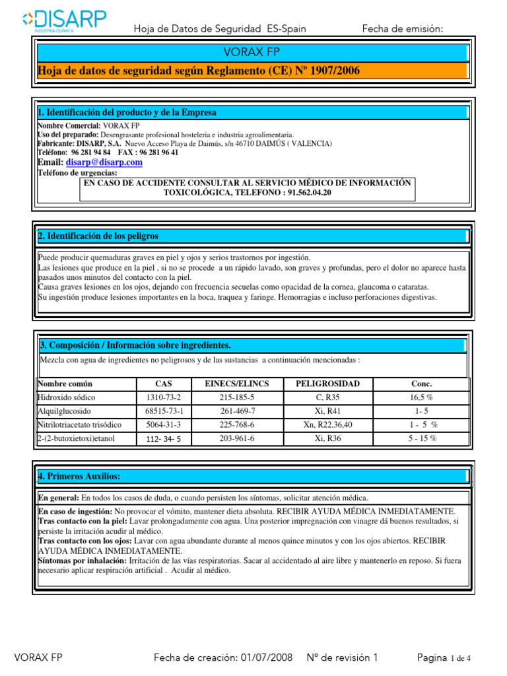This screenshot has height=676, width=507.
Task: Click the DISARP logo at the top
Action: tap(64, 20)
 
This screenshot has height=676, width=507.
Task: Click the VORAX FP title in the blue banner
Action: tap(252, 52)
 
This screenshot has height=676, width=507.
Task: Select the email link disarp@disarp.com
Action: tap(104, 162)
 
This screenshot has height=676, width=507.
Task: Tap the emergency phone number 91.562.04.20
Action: tap(304, 192)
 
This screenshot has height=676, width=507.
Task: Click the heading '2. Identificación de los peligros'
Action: tap(98, 236)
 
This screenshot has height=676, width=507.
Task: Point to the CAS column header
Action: tap(163, 384)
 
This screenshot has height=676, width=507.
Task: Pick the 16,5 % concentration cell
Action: tap(421, 397)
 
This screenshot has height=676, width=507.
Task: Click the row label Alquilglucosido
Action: tap(65, 411)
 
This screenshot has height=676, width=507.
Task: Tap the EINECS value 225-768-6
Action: tap(237, 425)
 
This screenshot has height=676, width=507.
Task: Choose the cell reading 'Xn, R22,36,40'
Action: tap(327, 425)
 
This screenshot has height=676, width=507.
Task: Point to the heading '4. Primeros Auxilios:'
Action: tap(80, 476)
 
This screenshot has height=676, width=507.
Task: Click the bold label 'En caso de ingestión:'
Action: tap(75, 512)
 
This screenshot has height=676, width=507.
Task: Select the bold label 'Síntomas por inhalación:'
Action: tap(81, 560)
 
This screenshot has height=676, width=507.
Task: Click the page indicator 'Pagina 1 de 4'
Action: tap(444, 658)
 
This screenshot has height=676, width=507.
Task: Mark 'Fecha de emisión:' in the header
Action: tap(403, 28)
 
